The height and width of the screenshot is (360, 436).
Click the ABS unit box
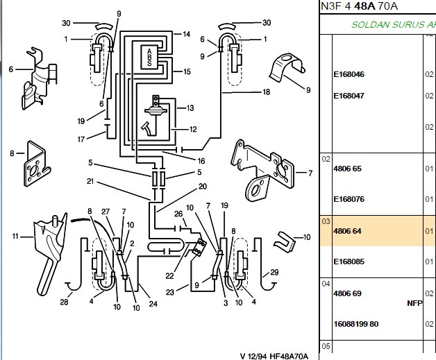pyautogui.click(x=149, y=57)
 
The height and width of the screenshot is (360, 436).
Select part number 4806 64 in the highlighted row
pyautogui.click(x=347, y=231)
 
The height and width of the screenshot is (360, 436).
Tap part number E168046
pyautogui.click(x=349, y=74)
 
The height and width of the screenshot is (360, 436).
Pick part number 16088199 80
pyautogui.click(x=356, y=324)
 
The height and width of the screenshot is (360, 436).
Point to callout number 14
pyautogui.click(x=186, y=34)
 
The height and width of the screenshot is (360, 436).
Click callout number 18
pyautogui.click(x=266, y=92)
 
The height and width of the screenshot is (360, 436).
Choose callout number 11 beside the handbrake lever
pyautogui.click(x=15, y=237)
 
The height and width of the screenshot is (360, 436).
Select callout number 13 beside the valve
pyautogui.click(x=190, y=108)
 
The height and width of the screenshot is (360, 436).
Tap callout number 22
pyautogui.click(x=169, y=276)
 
